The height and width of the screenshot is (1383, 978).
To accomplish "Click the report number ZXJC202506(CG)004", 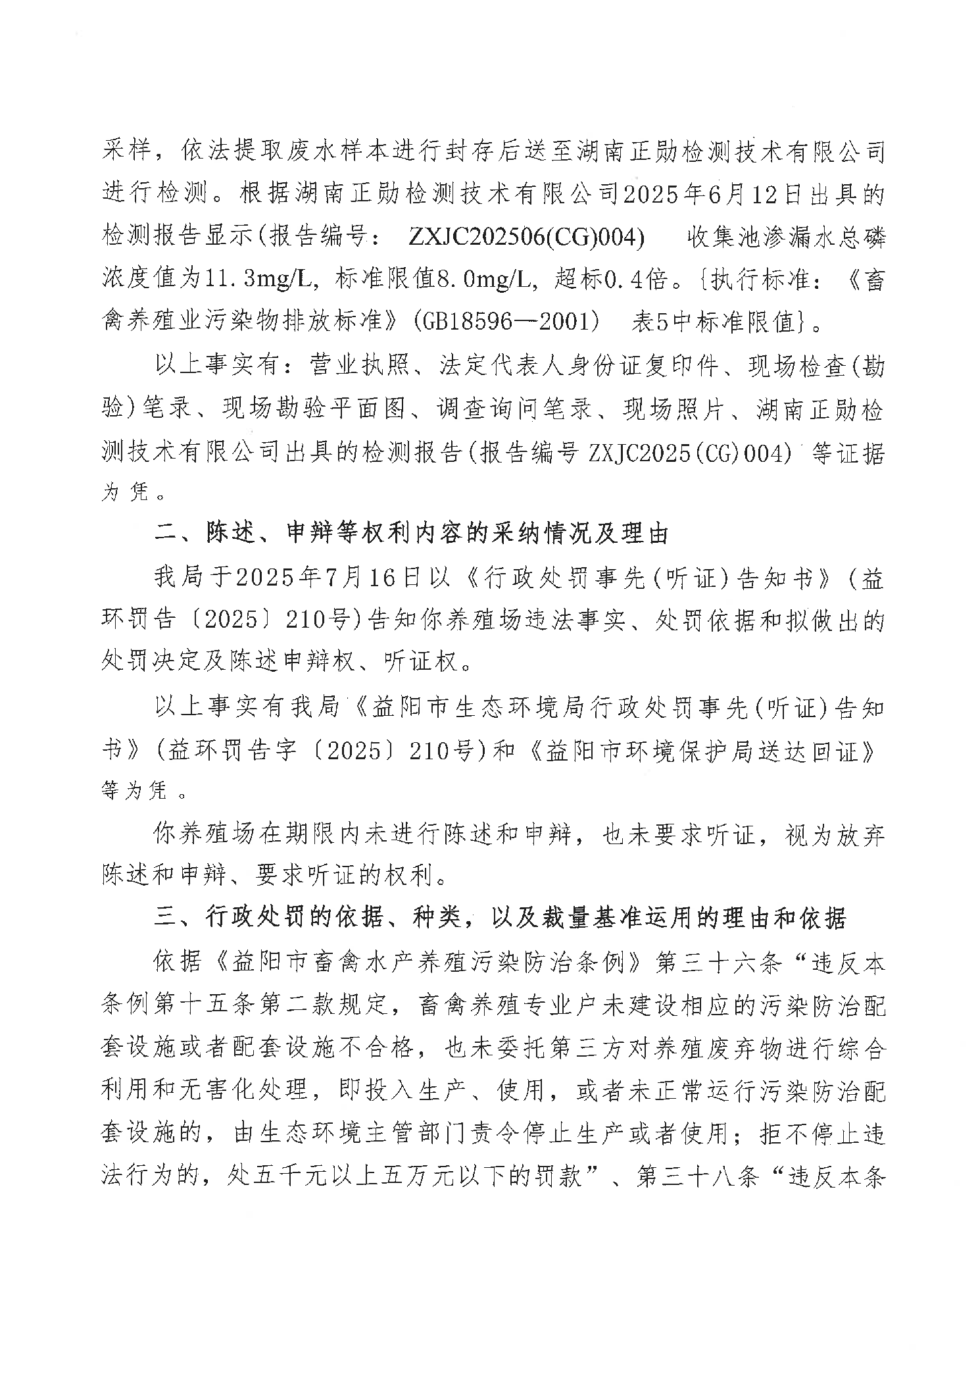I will click(x=526, y=238).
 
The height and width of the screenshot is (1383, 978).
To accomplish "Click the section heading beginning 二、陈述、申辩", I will click(x=411, y=534).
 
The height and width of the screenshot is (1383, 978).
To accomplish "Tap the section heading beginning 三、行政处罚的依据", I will click(x=500, y=918).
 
